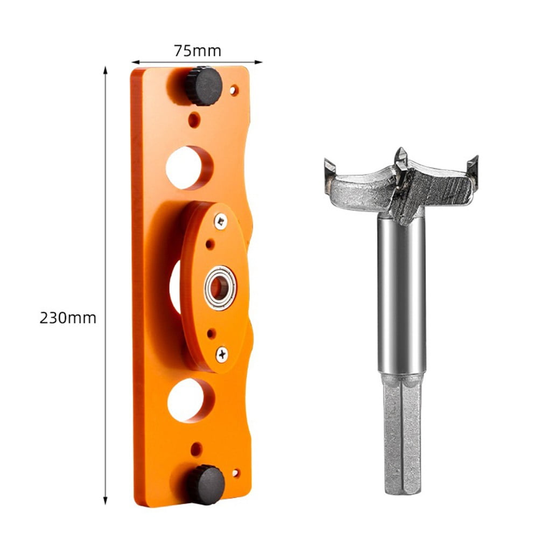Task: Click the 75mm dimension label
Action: (x=197, y=51)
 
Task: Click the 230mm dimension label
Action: (x=68, y=318)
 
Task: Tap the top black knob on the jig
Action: (x=205, y=86)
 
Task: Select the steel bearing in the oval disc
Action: (x=220, y=288)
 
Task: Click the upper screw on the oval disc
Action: (x=221, y=221)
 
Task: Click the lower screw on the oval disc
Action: (x=221, y=354)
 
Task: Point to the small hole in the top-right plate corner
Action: (x=234, y=90)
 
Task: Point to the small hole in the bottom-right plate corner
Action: (x=235, y=473)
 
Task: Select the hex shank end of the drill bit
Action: (x=401, y=436)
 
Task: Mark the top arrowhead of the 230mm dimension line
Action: (x=106, y=69)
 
